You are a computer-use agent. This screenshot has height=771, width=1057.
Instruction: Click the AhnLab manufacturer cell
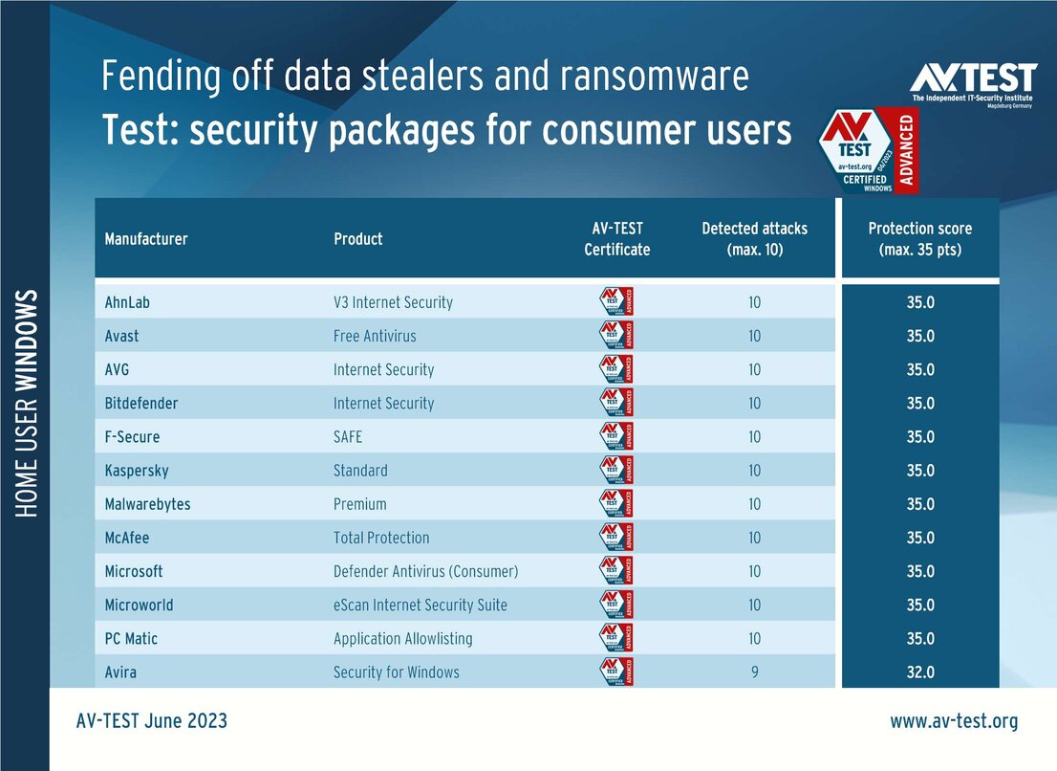(x=127, y=302)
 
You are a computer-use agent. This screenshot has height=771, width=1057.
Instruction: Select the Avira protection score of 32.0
(x=920, y=672)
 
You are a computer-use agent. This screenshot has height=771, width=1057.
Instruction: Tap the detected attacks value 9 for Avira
(x=755, y=672)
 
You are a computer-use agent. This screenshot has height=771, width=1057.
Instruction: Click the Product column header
(x=358, y=238)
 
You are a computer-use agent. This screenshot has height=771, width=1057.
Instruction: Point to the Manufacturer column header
(x=146, y=238)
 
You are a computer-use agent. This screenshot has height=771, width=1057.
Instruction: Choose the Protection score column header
(x=919, y=238)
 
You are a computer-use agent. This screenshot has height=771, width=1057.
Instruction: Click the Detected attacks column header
(x=755, y=238)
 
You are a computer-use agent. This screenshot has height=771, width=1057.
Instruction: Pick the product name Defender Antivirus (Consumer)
(x=425, y=571)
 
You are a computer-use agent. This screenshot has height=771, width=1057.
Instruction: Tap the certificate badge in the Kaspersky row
(x=616, y=471)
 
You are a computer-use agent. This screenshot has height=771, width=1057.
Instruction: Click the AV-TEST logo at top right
(x=973, y=83)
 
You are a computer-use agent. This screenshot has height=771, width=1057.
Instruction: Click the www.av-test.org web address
(x=954, y=720)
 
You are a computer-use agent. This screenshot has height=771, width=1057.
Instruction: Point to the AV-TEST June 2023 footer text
(x=152, y=720)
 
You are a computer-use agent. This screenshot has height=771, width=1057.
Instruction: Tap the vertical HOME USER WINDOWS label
(x=26, y=402)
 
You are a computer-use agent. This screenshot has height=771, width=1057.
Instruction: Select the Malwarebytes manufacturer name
(x=147, y=504)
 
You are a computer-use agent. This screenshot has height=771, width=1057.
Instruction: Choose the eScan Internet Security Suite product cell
(x=421, y=605)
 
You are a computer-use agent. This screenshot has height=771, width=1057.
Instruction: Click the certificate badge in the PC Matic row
(x=616, y=638)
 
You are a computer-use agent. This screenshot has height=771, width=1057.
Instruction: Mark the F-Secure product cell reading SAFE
(x=348, y=437)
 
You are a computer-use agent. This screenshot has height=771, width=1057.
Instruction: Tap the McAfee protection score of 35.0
(x=920, y=538)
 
